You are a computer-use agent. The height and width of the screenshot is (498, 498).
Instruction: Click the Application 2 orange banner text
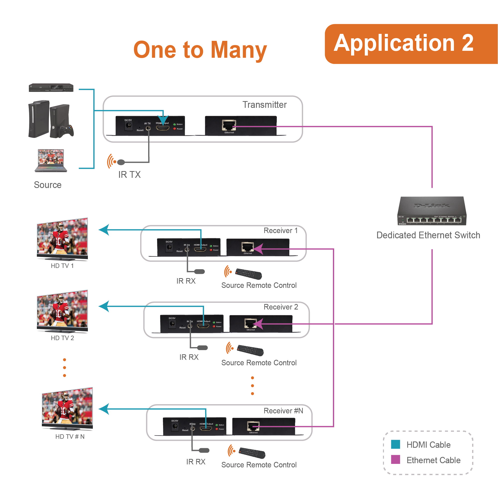[x=403, y=43]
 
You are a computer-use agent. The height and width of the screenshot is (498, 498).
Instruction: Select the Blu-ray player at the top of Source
[x=51, y=88]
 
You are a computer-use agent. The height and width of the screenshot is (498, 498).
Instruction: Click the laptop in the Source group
[x=51, y=160]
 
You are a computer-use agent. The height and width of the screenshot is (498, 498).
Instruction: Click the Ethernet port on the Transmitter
[x=229, y=125]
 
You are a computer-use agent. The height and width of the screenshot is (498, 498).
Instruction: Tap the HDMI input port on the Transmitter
[x=162, y=127]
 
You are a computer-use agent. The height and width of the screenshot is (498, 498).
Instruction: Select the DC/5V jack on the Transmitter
[x=128, y=125]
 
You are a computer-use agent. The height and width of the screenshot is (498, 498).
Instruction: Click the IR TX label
[x=129, y=175]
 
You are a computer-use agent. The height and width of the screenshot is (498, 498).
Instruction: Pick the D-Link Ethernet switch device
[x=432, y=211]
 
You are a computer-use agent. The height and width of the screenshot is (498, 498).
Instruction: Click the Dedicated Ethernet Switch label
[x=428, y=235]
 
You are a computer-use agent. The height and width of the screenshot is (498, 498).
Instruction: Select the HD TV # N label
[x=70, y=436]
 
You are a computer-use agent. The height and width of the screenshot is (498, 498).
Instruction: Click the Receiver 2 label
[x=281, y=307]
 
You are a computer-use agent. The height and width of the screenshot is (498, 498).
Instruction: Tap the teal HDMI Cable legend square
[x=395, y=444]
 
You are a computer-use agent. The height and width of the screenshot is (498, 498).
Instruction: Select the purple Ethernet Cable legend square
[x=395, y=460]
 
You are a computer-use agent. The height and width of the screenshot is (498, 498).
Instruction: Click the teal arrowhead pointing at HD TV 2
[x=104, y=306]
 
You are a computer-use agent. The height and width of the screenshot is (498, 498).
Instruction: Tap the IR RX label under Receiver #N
[x=196, y=462]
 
